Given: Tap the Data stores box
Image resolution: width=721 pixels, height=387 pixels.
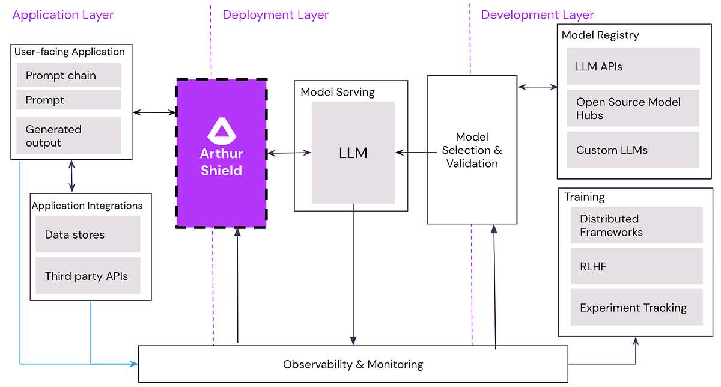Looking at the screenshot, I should coord(88,234).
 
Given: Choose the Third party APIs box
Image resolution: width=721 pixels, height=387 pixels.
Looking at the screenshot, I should coord(88,276).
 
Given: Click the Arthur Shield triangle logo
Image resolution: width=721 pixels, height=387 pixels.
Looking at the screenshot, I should coord(221,130).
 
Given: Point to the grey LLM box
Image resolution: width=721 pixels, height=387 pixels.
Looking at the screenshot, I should coord(353,153).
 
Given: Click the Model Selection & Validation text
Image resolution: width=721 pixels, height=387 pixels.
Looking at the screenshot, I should coord(472,150).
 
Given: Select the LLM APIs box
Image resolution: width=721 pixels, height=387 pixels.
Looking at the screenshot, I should coord(633,66).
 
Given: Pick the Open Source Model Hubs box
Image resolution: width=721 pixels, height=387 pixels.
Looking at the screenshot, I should coord(633,108).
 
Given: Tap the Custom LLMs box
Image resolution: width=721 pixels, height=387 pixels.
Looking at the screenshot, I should coord(633,150).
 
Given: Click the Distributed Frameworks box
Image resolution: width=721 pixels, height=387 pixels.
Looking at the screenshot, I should coord(636,225).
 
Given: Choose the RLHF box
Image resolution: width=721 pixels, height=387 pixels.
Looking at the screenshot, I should coord(636,266).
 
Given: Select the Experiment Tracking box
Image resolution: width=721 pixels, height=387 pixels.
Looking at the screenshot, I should coord(636,308).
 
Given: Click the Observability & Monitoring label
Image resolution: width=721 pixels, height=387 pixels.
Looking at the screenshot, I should coord(353,364).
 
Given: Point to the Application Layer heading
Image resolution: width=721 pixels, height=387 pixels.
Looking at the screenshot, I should coord(62,14).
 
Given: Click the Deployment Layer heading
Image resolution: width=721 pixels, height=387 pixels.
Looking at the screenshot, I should coord(276,14).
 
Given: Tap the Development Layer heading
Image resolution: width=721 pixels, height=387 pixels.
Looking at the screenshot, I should coord(537,14).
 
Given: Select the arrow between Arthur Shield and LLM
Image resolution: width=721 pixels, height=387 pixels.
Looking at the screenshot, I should coord(289,153).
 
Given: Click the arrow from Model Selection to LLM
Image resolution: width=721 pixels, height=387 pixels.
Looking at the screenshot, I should coord(411,153).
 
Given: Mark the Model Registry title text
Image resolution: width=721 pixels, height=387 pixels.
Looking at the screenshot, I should coord(600,35).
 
